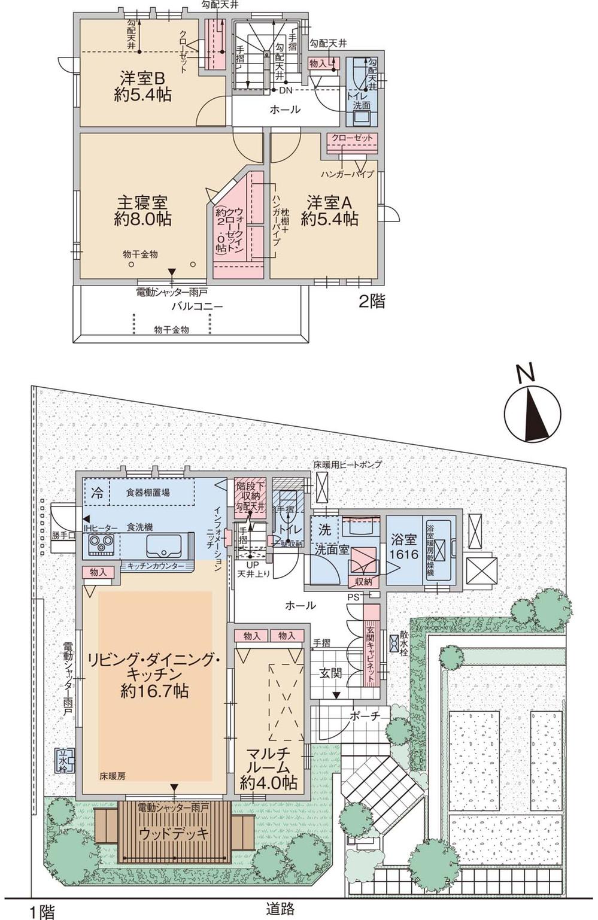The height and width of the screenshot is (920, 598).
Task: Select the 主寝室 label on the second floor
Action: click(143, 210)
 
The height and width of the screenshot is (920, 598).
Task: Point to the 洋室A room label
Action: click(330, 210)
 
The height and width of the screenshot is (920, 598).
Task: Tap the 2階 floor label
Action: click(371, 301)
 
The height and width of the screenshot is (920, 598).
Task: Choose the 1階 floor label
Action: click(42, 911)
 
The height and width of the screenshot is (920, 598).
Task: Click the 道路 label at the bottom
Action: click(280, 909)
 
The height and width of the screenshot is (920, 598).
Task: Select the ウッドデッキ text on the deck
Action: click(174, 833)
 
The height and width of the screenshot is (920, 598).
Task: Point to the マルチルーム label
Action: click(269, 766)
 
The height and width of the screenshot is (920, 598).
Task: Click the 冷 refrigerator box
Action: click(97, 494)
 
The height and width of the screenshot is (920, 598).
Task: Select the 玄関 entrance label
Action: click(330, 673)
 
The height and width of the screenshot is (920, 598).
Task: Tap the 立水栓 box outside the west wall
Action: click(64, 760)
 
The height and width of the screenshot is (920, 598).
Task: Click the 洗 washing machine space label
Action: click(324, 529)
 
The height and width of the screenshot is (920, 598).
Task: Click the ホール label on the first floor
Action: click(300, 606)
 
